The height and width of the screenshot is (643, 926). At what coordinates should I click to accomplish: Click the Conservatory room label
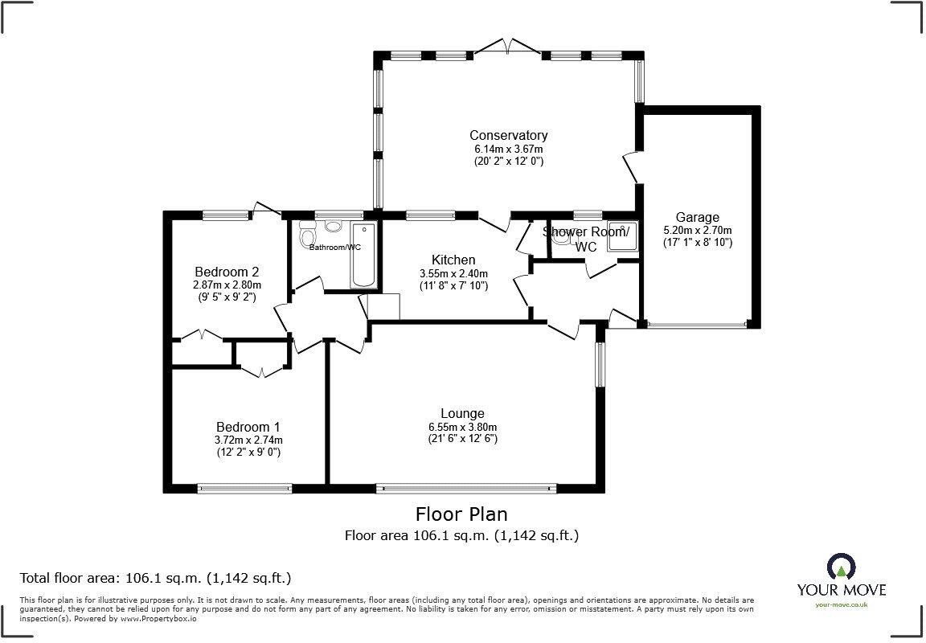[508, 135]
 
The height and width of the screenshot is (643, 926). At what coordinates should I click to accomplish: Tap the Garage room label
[697, 217]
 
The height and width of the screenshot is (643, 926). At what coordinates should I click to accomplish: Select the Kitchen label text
[453, 260]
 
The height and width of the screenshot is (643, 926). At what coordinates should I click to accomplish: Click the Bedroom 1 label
[248, 427]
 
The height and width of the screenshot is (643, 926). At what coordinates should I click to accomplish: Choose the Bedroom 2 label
[227, 272]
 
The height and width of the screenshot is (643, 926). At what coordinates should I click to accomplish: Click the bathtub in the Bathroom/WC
[363, 265]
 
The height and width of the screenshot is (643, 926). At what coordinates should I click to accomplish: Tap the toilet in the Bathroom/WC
[306, 235]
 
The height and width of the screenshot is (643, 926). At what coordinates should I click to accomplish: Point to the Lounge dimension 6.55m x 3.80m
[462, 427]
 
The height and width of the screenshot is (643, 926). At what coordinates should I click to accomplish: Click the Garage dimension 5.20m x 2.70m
[697, 230]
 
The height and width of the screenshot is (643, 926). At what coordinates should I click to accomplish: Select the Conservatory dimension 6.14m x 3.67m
[508, 149]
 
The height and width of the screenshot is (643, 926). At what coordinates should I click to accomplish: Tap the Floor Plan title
[461, 514]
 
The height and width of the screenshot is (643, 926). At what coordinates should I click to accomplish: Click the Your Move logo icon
[841, 566]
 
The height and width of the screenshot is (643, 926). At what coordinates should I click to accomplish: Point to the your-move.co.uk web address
[841, 604]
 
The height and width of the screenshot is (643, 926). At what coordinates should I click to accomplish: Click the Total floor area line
[155, 578]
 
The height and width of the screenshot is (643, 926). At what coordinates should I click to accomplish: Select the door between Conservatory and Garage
[633, 166]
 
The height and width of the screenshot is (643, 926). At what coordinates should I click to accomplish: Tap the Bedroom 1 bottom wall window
[245, 487]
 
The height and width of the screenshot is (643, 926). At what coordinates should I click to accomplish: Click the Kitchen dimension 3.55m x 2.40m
[453, 273]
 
